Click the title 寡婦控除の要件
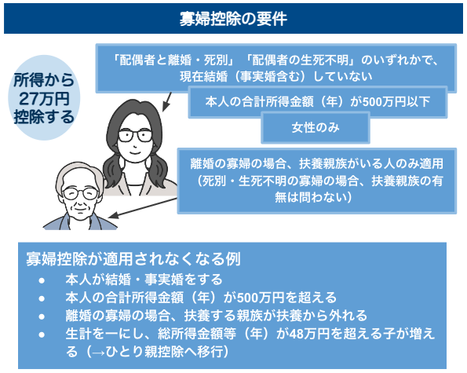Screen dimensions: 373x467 233,16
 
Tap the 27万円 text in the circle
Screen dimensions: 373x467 44,99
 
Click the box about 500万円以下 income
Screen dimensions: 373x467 319,101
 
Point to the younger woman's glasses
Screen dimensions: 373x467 134,134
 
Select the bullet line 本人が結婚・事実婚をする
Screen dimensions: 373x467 143,279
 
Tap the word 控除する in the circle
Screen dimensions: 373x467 44,117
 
